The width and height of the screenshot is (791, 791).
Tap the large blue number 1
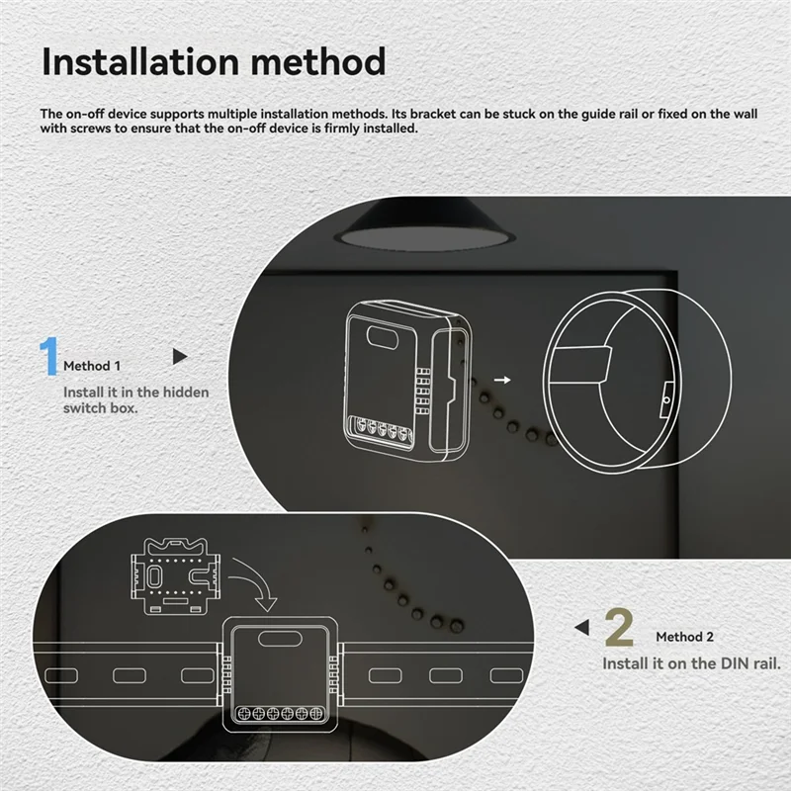[x=48, y=358]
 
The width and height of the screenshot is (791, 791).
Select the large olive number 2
[x=618, y=628]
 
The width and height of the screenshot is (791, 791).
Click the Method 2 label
[x=684, y=637]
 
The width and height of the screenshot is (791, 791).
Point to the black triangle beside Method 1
[x=179, y=355]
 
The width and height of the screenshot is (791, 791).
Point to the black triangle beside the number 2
[x=582, y=627]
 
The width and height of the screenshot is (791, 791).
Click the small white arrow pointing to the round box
[x=503, y=379]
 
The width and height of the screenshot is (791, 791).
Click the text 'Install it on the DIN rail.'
[x=691, y=663]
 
